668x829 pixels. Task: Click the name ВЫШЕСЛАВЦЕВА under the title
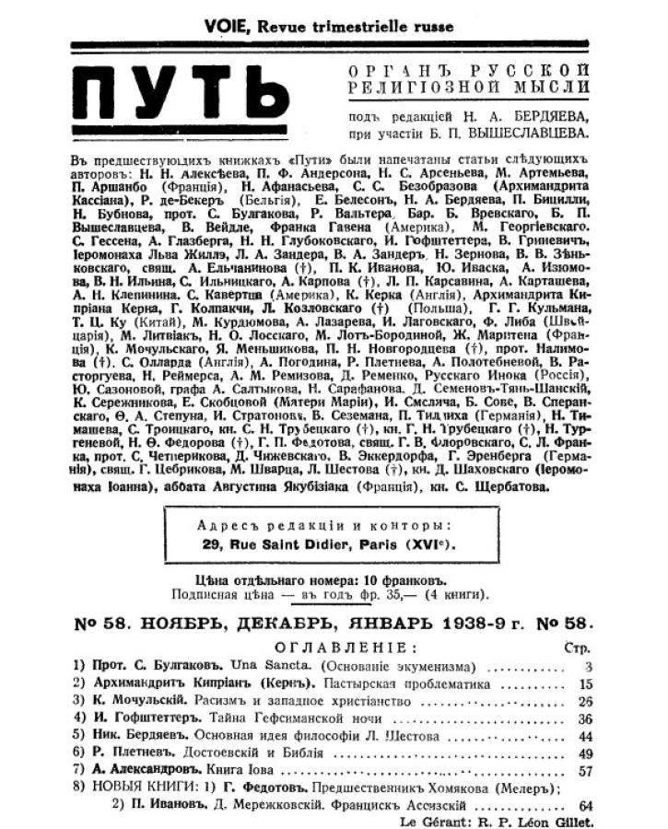534,132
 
